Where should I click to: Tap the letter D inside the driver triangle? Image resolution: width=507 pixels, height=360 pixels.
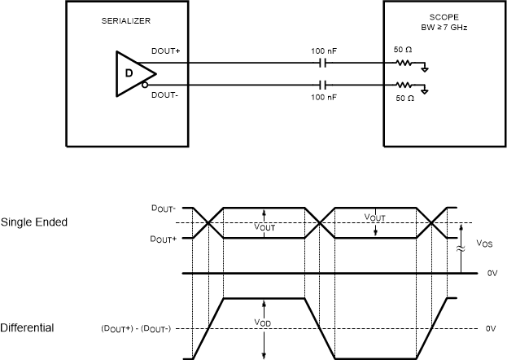point(129,72)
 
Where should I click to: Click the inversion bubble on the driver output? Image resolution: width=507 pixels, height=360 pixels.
point(145,84)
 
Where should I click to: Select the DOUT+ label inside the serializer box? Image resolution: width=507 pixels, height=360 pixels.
point(165,50)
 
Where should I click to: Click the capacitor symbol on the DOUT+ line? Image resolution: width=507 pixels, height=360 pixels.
point(324,63)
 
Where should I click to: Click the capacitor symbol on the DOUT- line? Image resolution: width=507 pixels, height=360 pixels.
point(324,84)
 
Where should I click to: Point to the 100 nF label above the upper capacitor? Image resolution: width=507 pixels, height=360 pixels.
point(324,50)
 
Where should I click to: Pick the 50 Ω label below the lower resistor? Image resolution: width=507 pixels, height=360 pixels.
point(404,98)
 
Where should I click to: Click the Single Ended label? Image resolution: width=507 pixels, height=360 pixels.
point(33,222)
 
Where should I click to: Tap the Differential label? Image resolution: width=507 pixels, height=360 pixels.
point(28,328)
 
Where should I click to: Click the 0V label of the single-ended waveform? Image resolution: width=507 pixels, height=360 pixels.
point(491,274)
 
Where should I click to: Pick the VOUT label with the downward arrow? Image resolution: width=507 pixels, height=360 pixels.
point(374,218)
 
